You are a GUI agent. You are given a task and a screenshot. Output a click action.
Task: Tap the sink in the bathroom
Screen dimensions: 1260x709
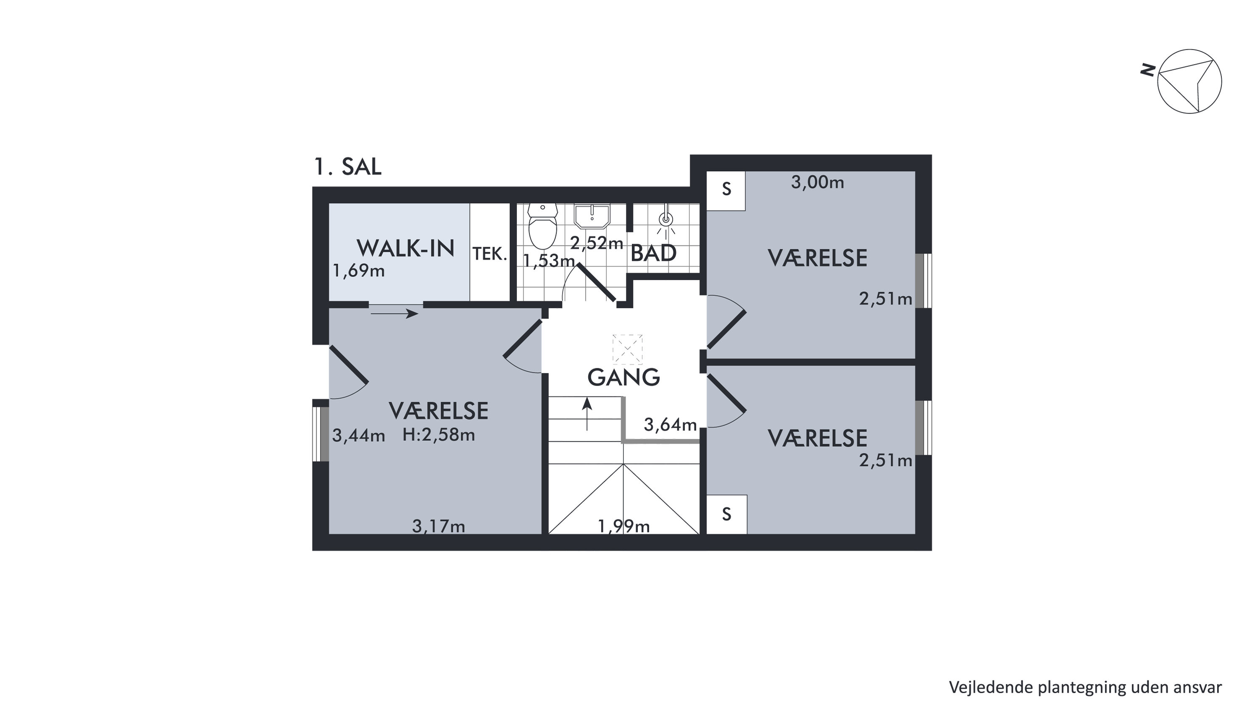click(x=592, y=217)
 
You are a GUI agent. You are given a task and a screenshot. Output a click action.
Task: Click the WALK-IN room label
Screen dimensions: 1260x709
click(x=405, y=248)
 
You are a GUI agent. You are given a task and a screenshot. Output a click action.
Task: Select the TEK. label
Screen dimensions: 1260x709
click(x=489, y=254)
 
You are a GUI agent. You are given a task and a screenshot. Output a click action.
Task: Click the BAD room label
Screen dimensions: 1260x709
click(x=653, y=253)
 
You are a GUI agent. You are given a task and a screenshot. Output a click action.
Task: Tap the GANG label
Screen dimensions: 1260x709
click(x=623, y=378)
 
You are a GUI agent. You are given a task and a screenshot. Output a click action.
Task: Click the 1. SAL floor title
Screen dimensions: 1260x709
click(x=348, y=167)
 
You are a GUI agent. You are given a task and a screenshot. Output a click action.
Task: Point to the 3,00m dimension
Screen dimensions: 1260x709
click(x=817, y=182)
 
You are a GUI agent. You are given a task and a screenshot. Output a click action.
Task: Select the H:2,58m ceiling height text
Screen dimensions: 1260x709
click(x=438, y=435)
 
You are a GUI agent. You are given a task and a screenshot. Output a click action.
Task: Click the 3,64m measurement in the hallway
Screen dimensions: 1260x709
click(x=670, y=425)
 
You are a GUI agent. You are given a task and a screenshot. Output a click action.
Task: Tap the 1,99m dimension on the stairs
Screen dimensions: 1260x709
click(x=623, y=526)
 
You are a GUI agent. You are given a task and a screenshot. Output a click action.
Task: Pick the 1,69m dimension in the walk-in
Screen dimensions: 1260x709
click(x=358, y=270)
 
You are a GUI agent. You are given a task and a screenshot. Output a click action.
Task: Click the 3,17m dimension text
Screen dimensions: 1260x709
click(x=438, y=526)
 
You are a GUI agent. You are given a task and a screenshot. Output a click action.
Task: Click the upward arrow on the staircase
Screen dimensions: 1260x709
click(x=587, y=414)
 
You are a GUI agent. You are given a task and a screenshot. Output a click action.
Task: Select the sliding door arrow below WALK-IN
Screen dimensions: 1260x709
click(x=394, y=313)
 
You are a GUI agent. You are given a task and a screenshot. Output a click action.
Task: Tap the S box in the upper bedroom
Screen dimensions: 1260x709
click(x=726, y=191)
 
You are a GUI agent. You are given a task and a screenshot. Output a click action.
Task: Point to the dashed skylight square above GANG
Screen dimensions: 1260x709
click(x=628, y=349)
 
